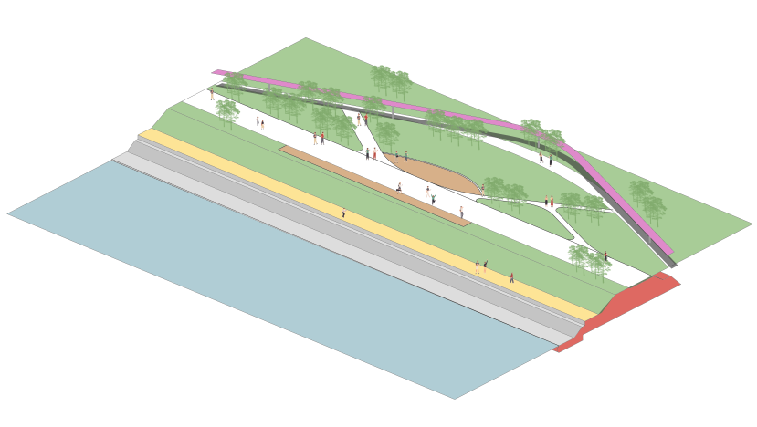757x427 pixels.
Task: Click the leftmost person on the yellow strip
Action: pyautogui.click(x=343, y=213)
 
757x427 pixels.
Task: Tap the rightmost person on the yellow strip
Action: pyautogui.click(x=511, y=277)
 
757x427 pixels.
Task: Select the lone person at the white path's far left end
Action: pyautogui.click(x=212, y=94)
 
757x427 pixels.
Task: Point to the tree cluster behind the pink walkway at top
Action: pyautogui.click(x=391, y=80)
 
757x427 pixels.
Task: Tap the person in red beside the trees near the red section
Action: pyautogui.click(x=605, y=256)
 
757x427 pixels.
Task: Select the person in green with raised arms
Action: pyautogui.click(x=433, y=198)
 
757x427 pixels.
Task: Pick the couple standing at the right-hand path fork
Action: pyautogui.click(x=549, y=201)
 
